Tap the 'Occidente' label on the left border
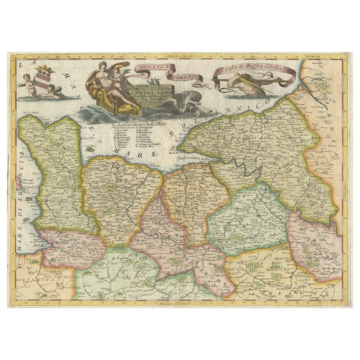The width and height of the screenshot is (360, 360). point(13,180)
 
